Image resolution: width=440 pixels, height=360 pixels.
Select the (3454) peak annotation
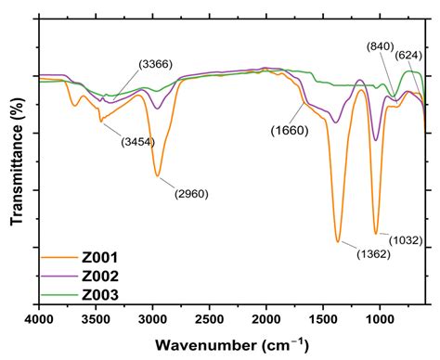[x=138, y=141]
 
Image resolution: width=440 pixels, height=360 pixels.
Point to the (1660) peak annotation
[x=291, y=130]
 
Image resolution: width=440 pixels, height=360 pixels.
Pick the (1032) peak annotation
[x=405, y=240]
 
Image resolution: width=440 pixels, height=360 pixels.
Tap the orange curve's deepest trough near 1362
[x=338, y=241]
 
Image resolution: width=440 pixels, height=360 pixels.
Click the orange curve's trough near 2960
[x=158, y=174]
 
